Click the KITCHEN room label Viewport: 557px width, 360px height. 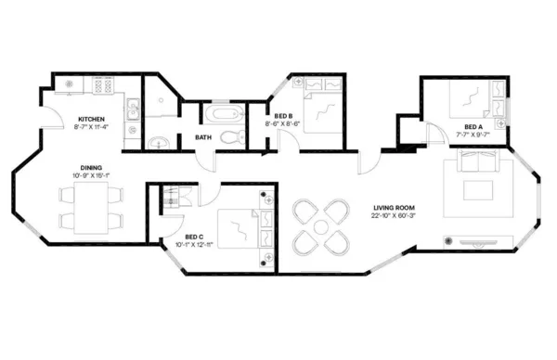[x=91, y=120]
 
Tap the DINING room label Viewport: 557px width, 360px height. [x=91, y=167]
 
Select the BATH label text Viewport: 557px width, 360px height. [x=202, y=138]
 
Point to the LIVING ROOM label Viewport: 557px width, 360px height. [x=394, y=208]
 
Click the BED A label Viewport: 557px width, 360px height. [x=473, y=125]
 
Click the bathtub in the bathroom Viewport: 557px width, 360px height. [x=222, y=116]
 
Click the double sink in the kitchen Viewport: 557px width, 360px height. [x=133, y=110]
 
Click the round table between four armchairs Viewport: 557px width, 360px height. [x=317, y=227]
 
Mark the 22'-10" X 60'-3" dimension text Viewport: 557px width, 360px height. [x=394, y=217]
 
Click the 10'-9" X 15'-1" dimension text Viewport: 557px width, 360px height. [x=91, y=175]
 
